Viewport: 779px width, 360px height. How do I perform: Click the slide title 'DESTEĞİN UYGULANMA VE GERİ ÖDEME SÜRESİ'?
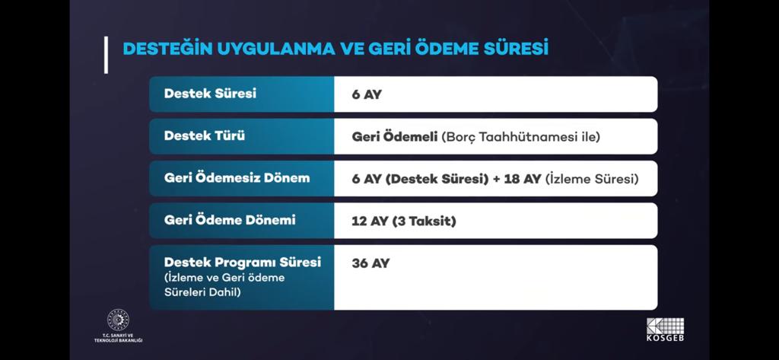[x=335, y=49]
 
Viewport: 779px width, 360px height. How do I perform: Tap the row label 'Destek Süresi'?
[x=210, y=94]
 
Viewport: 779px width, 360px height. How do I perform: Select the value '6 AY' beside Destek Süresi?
[x=367, y=94]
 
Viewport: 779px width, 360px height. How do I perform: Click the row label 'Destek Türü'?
[x=204, y=135]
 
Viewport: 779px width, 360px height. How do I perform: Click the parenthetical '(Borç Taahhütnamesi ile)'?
[x=520, y=137]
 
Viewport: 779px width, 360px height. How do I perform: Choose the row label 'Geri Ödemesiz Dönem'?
[x=237, y=178]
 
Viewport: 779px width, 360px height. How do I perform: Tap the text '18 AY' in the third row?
[x=522, y=179]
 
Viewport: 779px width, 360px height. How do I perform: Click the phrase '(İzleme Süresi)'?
[x=592, y=179]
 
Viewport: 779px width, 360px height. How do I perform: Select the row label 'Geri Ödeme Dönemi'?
[x=230, y=220]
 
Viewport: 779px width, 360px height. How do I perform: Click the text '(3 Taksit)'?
[x=424, y=221]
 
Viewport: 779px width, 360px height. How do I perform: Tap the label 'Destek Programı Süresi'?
[x=243, y=263]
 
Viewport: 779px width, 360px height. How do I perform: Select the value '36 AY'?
[x=370, y=263]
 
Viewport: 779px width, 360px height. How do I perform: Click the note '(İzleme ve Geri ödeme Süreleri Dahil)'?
[x=224, y=285]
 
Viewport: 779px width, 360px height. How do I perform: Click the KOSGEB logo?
[x=665, y=330]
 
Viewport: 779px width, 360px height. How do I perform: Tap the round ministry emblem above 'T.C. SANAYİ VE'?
[x=118, y=320]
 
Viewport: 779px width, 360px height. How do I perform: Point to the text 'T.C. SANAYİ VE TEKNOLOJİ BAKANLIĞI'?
[x=118, y=338]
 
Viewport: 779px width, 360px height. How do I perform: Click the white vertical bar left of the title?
[x=106, y=56]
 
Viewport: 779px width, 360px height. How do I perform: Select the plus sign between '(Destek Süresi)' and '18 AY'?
[x=496, y=180]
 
